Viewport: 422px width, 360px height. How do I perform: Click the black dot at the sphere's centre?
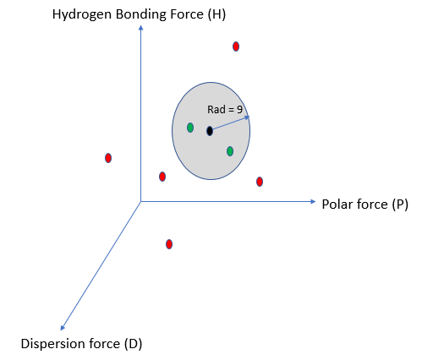coord(210,131)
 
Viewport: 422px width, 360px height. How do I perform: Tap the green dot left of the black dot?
coord(190,128)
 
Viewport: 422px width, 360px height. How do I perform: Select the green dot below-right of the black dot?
coord(230,151)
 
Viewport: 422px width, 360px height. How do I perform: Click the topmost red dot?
coord(236,46)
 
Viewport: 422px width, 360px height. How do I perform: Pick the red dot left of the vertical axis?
coord(108,158)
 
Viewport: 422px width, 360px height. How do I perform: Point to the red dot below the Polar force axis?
coord(169,244)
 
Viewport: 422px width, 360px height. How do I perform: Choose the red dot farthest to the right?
coord(260,182)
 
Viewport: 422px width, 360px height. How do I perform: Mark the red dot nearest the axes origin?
coord(162,177)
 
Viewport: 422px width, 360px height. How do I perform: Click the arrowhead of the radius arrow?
coord(247,117)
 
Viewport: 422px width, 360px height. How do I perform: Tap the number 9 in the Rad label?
coord(239,109)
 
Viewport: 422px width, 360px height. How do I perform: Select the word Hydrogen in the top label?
coord(82,15)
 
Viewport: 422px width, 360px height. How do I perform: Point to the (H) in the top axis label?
coord(216,14)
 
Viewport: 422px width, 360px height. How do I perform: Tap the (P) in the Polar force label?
coord(400,205)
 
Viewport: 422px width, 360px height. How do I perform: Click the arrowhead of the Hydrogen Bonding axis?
coord(141,27)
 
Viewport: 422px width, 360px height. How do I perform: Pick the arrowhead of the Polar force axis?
coord(313,201)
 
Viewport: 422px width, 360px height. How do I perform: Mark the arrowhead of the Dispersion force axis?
coord(63,328)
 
